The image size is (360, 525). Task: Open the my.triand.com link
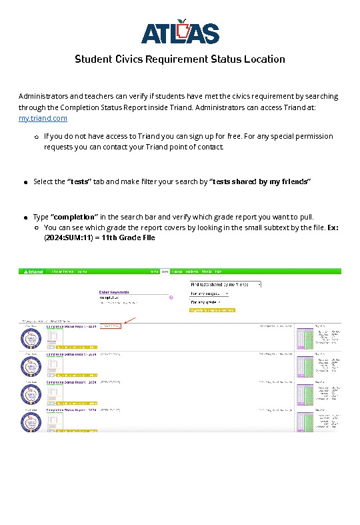pos(43,118)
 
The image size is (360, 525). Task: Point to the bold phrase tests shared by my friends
pos(260,181)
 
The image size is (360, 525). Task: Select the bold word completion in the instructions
pos(74,217)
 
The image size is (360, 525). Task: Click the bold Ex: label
pos(333,227)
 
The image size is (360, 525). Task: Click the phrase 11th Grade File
pos(128,237)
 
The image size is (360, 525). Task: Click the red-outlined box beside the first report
pos(111,326)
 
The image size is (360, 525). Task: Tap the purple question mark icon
pos(171,298)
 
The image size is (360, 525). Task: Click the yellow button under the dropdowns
pos(212,310)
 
